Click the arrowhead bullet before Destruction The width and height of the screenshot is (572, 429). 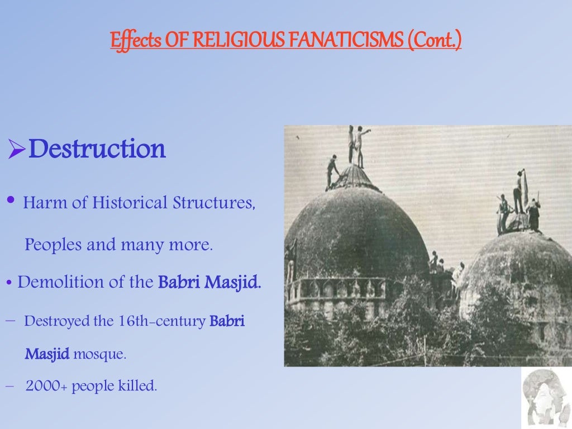(17, 150)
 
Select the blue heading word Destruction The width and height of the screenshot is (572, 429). (97, 149)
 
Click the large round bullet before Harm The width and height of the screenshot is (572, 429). (11, 202)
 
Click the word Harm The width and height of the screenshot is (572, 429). (44, 203)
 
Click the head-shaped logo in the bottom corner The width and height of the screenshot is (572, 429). (545, 398)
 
